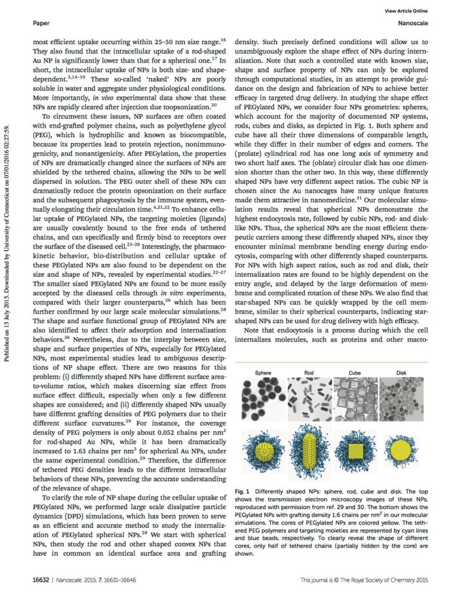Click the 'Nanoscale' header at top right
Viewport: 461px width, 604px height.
coord(413,24)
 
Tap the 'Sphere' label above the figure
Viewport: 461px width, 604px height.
coord(263,373)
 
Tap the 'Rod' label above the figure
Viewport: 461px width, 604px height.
coord(309,373)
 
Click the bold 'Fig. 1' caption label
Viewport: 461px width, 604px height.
coord(243,491)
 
